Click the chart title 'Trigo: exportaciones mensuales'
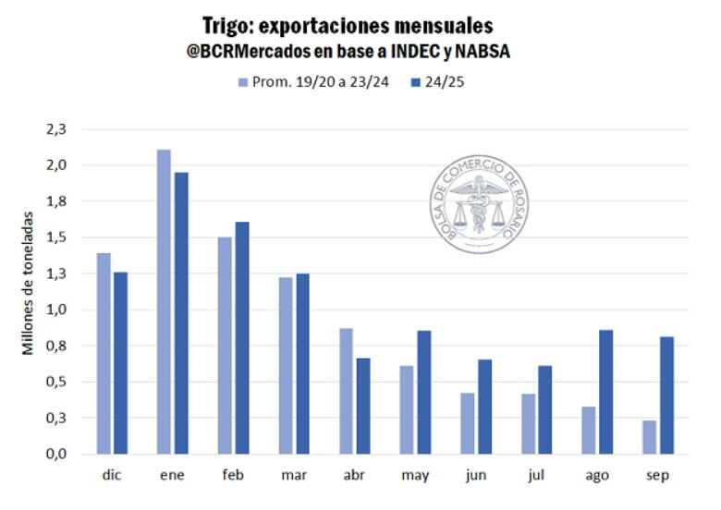pyautogui.click(x=347, y=25)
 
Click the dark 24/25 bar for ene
pyautogui.click(x=181, y=313)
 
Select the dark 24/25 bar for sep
pyautogui.click(x=666, y=395)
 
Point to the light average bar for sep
pyautogui.click(x=649, y=437)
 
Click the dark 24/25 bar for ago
pyautogui.click(x=605, y=392)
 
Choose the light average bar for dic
pyautogui.click(x=104, y=353)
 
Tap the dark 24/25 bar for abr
pyautogui.click(x=363, y=406)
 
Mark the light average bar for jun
pyautogui.click(x=467, y=423)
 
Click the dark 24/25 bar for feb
pyautogui.click(x=242, y=337)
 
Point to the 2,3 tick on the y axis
pyautogui.click(x=57, y=129)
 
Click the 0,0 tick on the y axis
pyautogui.click(x=57, y=454)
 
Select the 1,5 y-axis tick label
pyautogui.click(x=57, y=237)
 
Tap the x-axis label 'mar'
pyautogui.click(x=294, y=476)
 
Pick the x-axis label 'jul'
pyautogui.click(x=537, y=476)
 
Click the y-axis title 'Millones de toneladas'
pyautogui.click(x=29, y=283)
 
